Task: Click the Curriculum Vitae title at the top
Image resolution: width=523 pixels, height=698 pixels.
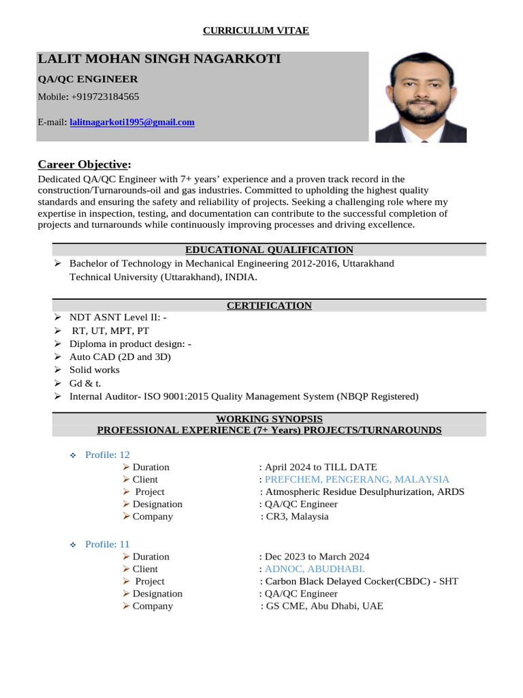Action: (256, 31)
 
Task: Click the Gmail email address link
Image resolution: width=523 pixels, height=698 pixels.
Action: (132, 123)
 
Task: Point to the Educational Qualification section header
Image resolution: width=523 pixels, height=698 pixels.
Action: (269, 250)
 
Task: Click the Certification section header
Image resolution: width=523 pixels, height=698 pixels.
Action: (269, 305)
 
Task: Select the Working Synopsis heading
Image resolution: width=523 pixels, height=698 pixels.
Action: (269, 419)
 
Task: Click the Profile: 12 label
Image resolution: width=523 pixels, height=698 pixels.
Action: (107, 455)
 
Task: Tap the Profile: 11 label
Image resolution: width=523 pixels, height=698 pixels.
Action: (107, 544)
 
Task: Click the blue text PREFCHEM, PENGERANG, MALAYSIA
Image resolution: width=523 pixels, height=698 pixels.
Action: (357, 479)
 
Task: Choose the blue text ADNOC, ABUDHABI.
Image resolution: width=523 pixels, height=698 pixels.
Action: (315, 568)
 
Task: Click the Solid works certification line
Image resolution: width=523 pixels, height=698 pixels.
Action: (95, 369)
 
